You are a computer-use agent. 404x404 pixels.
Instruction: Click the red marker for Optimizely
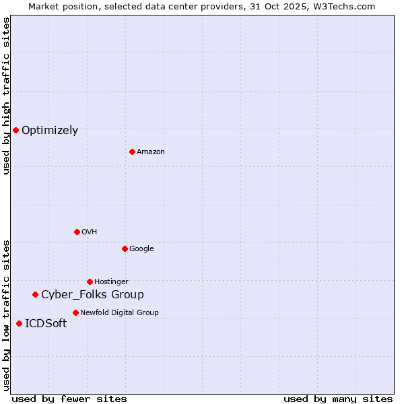(15, 130)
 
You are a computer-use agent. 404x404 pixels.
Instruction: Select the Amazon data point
(132, 151)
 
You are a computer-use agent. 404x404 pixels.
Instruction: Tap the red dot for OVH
(77, 232)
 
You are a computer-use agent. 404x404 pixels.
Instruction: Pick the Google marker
(125, 248)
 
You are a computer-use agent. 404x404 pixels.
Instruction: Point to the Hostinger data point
(90, 281)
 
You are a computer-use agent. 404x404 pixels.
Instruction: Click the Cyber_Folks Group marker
(35, 294)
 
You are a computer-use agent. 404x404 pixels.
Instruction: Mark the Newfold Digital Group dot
(75, 312)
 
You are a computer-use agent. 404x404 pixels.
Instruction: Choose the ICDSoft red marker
(19, 323)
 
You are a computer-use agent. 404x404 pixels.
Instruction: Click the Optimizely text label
(50, 131)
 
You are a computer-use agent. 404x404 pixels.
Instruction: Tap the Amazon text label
(151, 152)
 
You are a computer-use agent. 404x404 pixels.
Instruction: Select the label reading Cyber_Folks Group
(92, 294)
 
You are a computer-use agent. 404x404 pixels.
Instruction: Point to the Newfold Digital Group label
(119, 312)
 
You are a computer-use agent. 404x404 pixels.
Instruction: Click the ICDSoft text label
(46, 324)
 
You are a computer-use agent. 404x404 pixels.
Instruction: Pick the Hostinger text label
(111, 281)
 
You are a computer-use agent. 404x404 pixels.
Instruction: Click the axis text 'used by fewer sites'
(69, 399)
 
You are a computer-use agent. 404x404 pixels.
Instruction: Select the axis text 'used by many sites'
(338, 399)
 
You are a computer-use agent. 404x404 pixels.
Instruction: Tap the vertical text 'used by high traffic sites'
(6, 96)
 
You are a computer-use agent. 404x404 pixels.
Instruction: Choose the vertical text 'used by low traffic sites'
(6, 315)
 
